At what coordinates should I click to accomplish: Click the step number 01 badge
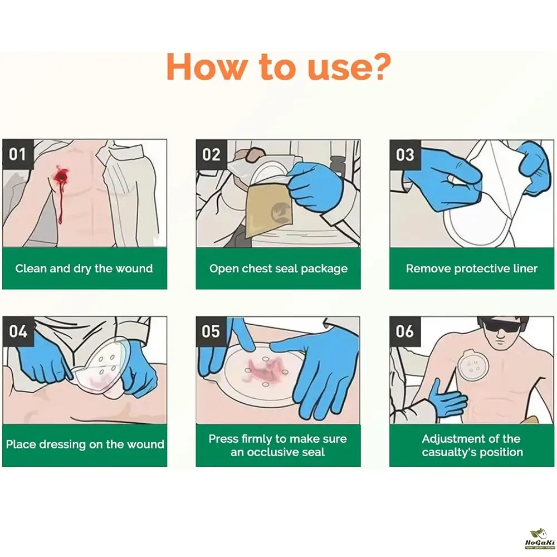point(18,154)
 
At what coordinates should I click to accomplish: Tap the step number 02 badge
point(211,154)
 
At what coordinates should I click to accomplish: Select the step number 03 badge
point(405,154)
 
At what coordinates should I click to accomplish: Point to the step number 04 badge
point(18,331)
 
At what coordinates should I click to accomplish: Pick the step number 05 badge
point(211,331)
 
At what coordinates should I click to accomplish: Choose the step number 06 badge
point(405,331)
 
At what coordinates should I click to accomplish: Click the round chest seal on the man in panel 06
point(473,365)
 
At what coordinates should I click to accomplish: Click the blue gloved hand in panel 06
point(448,398)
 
